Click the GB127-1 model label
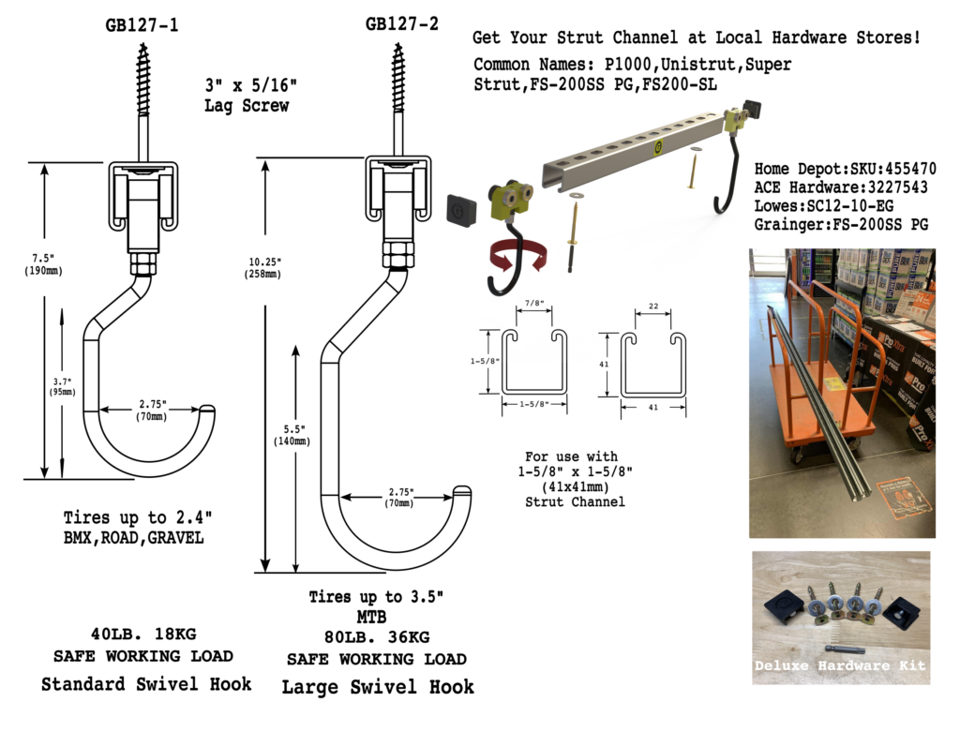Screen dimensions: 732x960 (x=142, y=26)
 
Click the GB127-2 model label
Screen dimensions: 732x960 (x=401, y=24)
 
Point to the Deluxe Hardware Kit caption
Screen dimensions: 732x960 (x=841, y=665)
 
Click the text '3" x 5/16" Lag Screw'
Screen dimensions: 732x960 (x=247, y=94)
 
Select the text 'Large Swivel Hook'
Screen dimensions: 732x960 (x=378, y=687)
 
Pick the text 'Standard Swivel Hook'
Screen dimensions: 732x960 (x=146, y=684)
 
